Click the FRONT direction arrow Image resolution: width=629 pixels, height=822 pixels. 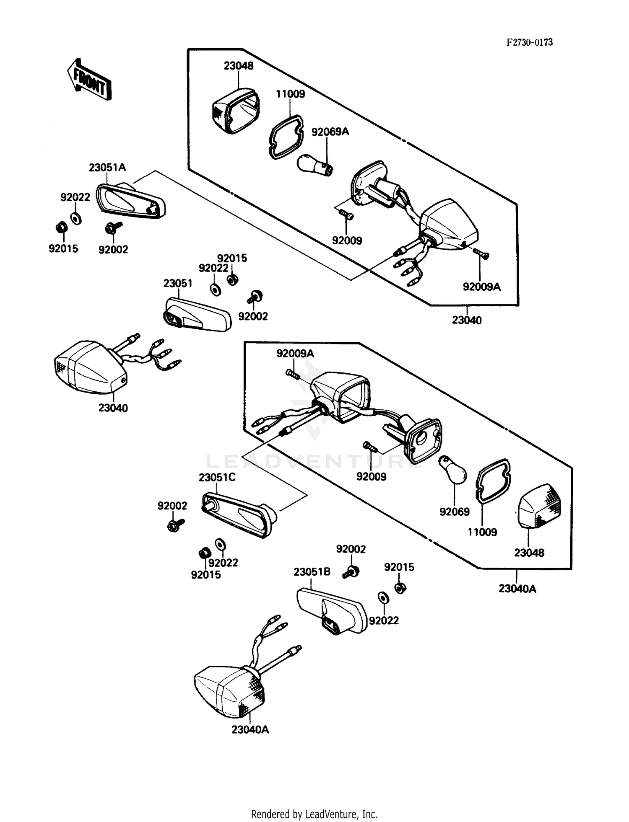(89, 80)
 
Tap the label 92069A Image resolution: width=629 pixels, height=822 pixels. (330, 132)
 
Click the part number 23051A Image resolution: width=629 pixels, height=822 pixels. (107, 168)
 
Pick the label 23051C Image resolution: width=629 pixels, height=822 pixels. (217, 478)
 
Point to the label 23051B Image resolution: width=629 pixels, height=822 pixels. (312, 572)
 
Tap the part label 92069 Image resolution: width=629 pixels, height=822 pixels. (455, 512)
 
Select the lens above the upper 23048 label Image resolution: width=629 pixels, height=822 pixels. (234, 111)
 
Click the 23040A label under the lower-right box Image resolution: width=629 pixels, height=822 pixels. (517, 589)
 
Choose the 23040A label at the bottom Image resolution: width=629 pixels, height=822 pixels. (250, 730)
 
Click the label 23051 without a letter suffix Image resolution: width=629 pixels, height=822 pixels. (178, 284)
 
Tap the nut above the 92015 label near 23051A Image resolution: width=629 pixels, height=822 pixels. (60, 227)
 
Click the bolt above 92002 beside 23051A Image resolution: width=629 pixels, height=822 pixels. (112, 227)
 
